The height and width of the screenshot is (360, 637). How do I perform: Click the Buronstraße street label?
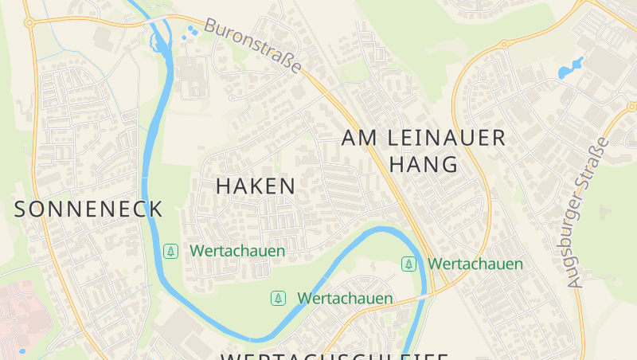click(x=253, y=45)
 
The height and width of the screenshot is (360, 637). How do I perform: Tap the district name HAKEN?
click(x=256, y=186)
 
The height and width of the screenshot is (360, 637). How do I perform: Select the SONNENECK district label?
click(x=88, y=209)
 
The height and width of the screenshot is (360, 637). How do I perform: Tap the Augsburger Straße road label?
click(x=588, y=213)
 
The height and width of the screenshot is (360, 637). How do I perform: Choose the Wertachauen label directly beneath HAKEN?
click(x=237, y=251)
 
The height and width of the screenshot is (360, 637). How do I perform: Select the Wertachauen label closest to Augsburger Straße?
click(x=475, y=264)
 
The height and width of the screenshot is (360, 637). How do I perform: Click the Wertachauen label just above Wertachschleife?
click(x=345, y=299)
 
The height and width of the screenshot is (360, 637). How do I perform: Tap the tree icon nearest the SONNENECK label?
click(x=170, y=251)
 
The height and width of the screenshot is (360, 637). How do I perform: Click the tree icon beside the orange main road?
click(x=408, y=264)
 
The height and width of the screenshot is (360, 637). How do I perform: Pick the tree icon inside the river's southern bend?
click(x=278, y=299)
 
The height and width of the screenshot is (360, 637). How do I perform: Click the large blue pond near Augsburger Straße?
click(x=571, y=68)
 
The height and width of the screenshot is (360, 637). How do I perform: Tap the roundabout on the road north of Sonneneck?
click(x=29, y=23)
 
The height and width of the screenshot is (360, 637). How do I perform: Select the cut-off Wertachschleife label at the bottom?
click(x=334, y=355)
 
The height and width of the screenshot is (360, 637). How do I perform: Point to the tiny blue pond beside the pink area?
click(x=21, y=350)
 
